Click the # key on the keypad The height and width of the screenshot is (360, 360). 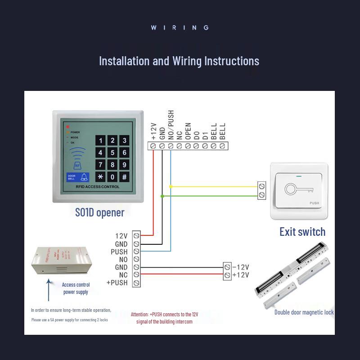point(125,177)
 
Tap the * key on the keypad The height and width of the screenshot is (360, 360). point(100,177)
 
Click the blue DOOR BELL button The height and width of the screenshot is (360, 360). point(78,177)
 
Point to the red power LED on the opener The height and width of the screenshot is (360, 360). point(68,127)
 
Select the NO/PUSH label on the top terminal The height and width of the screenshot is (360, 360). point(171,125)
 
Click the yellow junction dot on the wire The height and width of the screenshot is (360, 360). point(171,186)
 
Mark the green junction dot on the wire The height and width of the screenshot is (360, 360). point(162,196)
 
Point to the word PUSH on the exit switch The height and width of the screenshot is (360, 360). point(314,203)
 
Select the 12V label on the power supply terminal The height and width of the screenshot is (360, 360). point(121,236)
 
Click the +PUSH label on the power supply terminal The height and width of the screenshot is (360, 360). point(117,283)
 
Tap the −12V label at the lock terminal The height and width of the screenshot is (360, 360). point(240,267)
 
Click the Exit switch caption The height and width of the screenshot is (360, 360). point(302,232)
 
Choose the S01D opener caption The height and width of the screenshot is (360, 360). point(99,212)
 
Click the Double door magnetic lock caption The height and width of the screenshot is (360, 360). point(304,312)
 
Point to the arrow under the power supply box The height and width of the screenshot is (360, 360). point(49,290)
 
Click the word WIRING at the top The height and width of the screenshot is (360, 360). point(180,27)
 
